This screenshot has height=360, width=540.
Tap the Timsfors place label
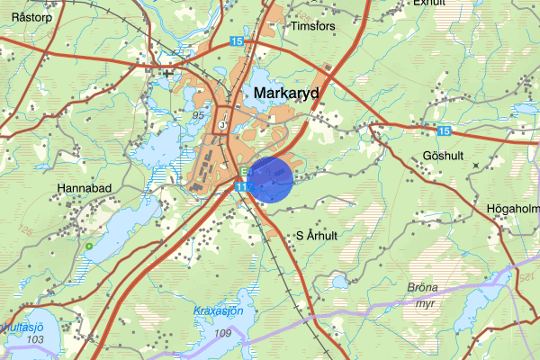tap(312, 27)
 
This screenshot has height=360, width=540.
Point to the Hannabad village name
tap(85, 189)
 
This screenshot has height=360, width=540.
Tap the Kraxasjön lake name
tap(219, 310)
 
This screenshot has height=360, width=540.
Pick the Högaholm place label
tap(512, 209)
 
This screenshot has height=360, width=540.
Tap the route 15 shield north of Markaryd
tap(237, 42)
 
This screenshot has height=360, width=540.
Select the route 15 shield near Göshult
tap(445, 131)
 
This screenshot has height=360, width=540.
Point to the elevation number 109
tap(222, 333)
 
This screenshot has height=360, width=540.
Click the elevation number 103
tap(35, 339)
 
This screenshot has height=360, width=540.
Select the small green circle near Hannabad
tap(89, 246)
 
